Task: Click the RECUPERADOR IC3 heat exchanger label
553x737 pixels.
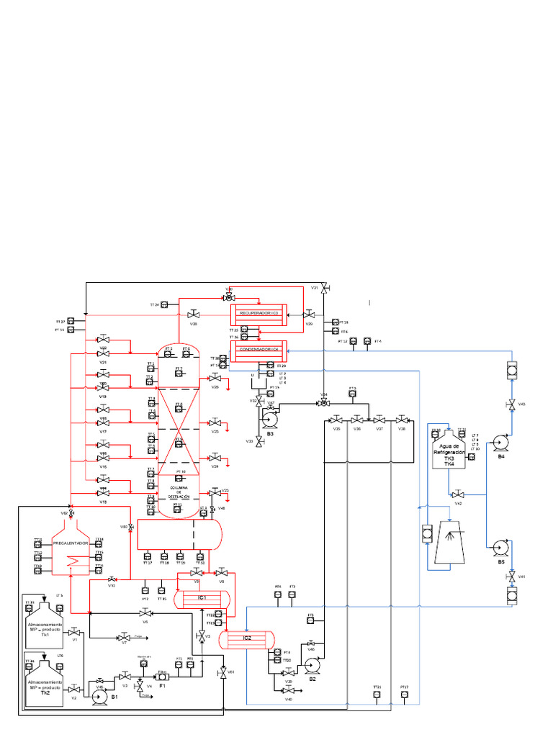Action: point(258,314)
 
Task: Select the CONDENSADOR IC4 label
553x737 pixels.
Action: point(258,350)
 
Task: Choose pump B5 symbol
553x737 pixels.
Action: point(498,549)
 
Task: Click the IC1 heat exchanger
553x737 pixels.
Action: point(203,597)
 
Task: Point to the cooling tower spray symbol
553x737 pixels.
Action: point(450,535)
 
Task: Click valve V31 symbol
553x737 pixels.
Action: point(324,288)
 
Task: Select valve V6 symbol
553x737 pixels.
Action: point(145,612)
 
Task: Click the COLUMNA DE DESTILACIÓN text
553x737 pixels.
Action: point(179,492)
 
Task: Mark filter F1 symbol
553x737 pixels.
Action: point(163,677)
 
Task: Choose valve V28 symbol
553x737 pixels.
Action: point(193,315)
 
